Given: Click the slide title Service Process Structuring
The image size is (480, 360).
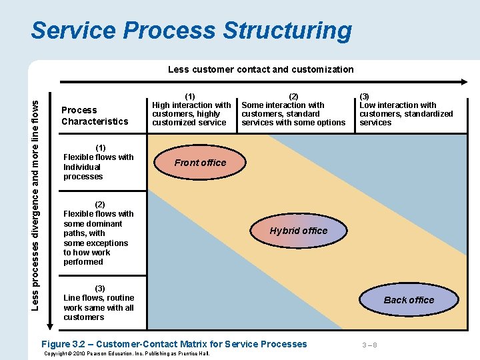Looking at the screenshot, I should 191,31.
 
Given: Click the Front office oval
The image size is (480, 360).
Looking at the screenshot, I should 200,163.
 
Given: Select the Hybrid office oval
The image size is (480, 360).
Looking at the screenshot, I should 298,231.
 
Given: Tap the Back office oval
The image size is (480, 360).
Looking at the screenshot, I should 409,300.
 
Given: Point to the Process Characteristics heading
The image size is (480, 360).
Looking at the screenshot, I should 95,115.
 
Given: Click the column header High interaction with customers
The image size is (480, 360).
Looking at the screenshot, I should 191,109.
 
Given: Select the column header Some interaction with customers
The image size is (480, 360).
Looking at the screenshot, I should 293,109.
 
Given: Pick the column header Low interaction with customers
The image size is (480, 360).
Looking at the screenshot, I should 405,109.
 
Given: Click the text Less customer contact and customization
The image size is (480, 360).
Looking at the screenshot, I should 261,69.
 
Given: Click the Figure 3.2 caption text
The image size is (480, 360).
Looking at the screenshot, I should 174,344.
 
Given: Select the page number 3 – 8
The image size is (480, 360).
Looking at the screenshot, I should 369,345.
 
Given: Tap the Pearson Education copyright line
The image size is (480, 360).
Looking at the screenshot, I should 126,353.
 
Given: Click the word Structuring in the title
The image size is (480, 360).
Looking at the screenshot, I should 287,31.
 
